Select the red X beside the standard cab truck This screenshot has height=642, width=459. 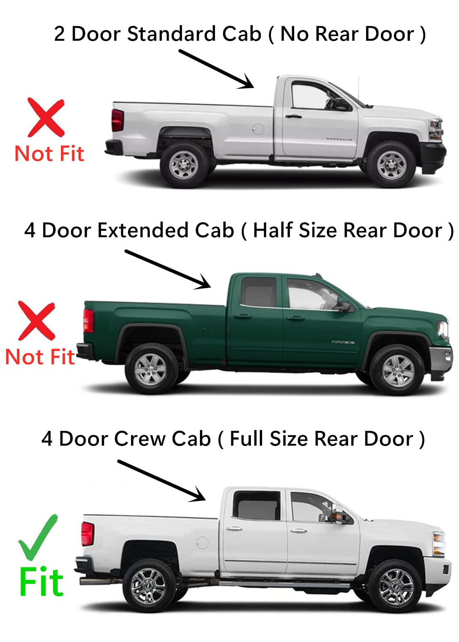[46, 117]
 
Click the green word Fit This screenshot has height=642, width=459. [42, 582]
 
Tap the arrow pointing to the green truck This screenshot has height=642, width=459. [167, 269]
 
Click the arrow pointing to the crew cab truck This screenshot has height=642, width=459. [161, 480]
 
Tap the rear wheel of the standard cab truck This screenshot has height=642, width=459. [183, 165]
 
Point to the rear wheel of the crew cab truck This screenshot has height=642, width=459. [148, 587]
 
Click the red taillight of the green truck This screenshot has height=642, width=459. [89, 320]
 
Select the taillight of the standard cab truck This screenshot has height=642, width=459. [117, 120]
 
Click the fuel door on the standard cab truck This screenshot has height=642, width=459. [258, 128]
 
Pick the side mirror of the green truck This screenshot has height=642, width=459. [344, 306]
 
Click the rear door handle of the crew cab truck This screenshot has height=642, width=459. [234, 529]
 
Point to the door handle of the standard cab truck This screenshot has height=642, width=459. [294, 116]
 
